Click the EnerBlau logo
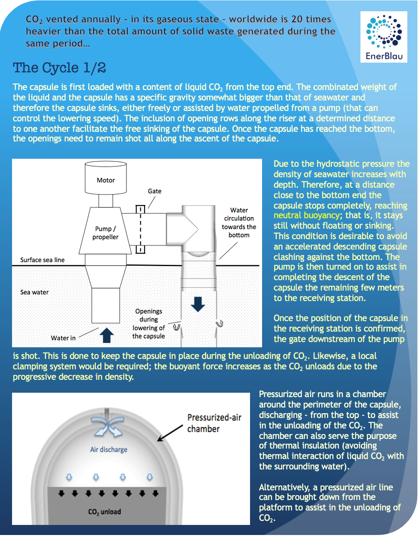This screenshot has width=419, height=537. click(384, 37)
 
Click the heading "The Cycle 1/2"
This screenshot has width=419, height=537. click(59, 68)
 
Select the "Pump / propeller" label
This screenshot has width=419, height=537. click(106, 233)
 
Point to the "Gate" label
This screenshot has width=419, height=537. click(155, 191)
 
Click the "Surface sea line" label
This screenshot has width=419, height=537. click(42, 260)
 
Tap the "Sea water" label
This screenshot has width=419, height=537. click(34, 292)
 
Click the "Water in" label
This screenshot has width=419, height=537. click(63, 338)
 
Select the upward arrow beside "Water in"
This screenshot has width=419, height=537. click(106, 335)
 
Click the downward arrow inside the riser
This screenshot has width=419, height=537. click(198, 304)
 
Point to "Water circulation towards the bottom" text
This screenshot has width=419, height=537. click(239, 222)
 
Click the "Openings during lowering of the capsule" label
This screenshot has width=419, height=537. click(148, 324)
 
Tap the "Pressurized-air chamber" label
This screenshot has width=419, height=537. click(214, 423)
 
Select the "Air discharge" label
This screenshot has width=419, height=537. click(108, 449)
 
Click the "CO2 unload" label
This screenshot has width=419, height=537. click(104, 512)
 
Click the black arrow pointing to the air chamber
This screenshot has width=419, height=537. click(170, 433)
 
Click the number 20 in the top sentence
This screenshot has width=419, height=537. click(297, 19)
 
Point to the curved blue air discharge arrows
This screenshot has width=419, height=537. click(108, 426)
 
